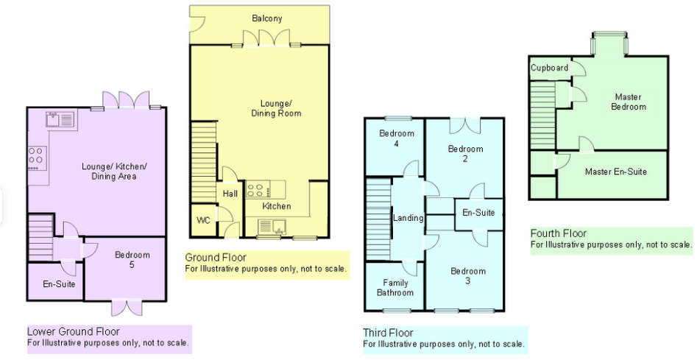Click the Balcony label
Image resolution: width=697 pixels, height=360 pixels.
[266, 18]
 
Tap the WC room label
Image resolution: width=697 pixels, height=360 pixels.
[203, 220]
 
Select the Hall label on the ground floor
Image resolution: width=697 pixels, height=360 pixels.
[230, 194]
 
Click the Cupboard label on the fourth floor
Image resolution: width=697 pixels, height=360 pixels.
[550, 68]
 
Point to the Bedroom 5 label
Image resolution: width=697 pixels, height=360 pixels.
[132, 260]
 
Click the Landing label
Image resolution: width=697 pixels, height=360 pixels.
[408, 218]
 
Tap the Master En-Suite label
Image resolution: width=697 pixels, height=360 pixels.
[616, 172]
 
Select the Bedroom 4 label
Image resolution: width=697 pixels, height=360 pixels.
[397, 138]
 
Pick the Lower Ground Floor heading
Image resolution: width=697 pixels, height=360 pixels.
[74, 332]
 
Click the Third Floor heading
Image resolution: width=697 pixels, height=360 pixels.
[389, 333]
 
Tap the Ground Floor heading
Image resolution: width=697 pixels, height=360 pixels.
[217, 258]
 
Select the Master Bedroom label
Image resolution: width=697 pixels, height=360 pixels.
[628, 102]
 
